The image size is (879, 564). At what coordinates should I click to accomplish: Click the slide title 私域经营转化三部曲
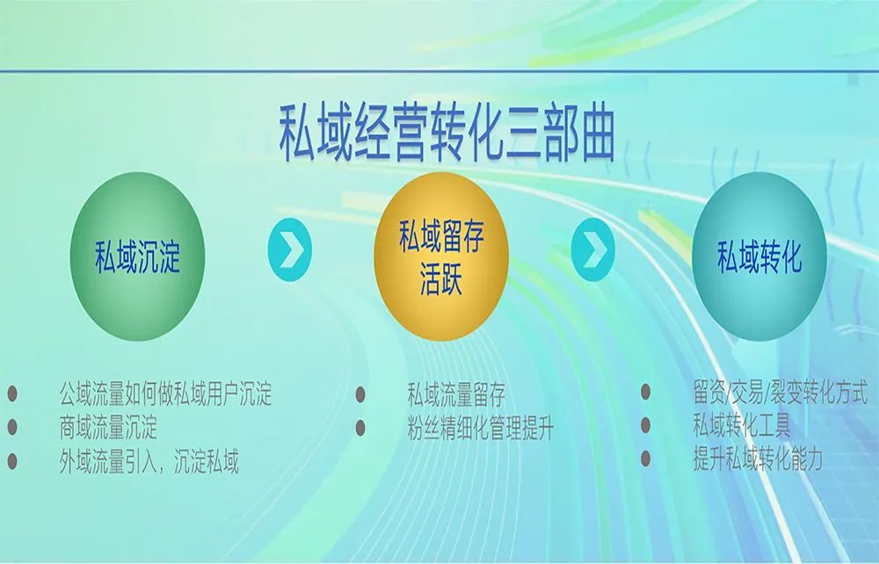pos(447,134)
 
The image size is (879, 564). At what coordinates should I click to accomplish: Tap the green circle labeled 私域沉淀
pos(137,256)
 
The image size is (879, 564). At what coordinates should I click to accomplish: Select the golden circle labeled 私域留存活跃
pos(441,256)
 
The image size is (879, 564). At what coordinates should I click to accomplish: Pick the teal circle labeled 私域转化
pos(759,256)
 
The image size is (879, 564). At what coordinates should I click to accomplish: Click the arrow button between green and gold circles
pos(290,249)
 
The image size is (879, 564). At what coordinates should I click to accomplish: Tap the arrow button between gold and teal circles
pos(593,249)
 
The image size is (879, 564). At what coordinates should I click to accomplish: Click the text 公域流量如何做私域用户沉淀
pos(165,394)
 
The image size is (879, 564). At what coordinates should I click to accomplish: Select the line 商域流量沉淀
pos(108,427)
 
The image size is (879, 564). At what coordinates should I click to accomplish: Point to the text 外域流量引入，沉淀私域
pos(149,461)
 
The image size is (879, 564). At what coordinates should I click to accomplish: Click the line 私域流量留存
pos(456,394)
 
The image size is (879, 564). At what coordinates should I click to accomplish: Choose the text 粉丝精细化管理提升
pos(481,428)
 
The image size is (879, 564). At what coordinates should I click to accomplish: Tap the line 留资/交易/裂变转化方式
pos(781,392)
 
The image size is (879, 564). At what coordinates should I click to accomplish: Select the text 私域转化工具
pos(742,425)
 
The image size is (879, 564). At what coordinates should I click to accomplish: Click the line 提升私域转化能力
pos(758,459)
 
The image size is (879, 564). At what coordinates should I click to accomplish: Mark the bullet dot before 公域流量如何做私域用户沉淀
pos(12,394)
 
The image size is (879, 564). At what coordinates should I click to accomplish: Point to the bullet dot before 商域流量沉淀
pos(12,427)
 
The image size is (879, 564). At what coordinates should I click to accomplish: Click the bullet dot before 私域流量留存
pos(360,394)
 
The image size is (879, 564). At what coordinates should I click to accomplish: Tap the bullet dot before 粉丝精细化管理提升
pos(360,428)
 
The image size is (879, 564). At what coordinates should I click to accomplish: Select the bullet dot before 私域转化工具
pos(646,425)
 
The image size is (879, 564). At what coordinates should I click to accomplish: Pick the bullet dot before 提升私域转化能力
pos(646,459)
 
